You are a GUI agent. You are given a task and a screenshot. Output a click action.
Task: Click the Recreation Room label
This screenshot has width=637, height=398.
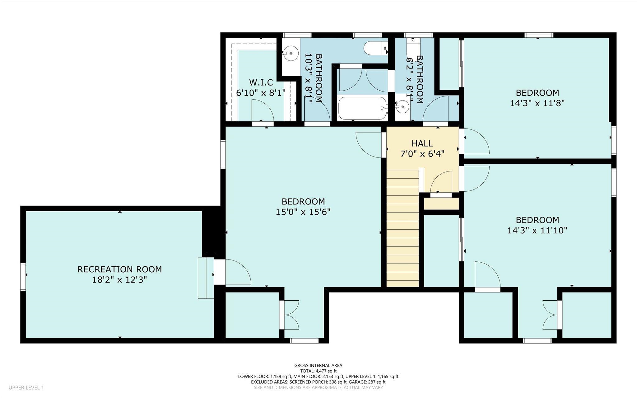120,269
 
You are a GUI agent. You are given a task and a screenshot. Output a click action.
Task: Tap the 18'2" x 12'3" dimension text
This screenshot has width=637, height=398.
120,280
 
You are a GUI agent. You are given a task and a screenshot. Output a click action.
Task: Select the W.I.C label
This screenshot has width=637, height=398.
261,82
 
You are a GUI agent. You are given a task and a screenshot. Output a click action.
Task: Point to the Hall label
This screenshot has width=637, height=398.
422,143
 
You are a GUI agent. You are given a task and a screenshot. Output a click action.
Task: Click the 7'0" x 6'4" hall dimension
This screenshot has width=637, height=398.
422,154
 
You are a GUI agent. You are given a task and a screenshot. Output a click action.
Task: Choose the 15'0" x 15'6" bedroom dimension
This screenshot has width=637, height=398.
303,212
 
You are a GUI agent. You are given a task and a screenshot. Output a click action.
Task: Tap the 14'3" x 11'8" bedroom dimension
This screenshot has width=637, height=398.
537,103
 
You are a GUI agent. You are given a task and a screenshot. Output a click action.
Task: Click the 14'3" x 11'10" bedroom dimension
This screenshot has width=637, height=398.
537,231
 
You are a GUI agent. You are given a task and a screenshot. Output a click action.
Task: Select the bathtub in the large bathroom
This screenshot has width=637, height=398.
363,108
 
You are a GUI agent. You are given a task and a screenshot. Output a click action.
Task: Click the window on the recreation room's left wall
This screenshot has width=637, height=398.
23,277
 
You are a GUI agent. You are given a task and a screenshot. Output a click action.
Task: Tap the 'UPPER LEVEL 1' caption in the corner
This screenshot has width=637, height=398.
26,388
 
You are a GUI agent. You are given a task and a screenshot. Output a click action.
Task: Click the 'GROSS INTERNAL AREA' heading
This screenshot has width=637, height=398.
318,366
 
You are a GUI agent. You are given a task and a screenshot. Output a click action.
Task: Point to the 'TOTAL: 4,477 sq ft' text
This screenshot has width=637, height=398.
318,371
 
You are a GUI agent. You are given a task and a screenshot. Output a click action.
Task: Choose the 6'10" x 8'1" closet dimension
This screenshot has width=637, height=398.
261,93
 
